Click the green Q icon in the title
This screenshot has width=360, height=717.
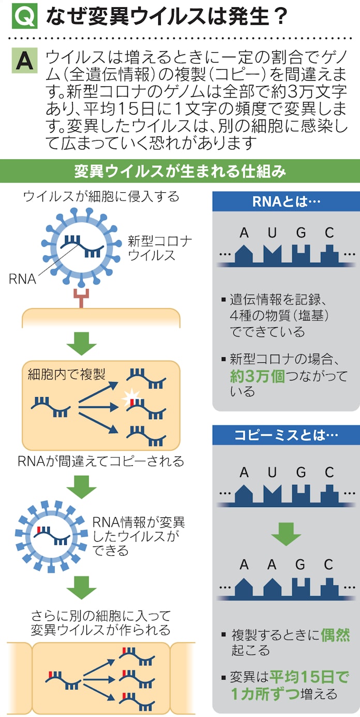[x=24, y=17]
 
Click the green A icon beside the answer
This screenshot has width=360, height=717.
[x=24, y=63]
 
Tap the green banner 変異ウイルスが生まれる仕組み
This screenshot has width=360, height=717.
[x=180, y=172]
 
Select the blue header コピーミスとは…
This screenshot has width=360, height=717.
[x=286, y=435]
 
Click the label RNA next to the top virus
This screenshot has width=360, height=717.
[x=23, y=279]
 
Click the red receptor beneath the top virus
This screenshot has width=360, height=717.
[x=82, y=298]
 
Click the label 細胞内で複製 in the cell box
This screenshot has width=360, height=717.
[x=59, y=375]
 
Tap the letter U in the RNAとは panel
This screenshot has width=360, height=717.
[x=272, y=233]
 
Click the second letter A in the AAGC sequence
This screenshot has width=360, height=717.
[x=272, y=565]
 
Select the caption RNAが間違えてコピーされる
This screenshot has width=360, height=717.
[x=101, y=461]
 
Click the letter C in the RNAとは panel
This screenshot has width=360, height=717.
[x=329, y=233]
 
